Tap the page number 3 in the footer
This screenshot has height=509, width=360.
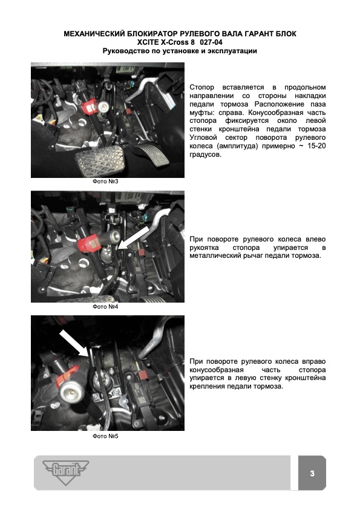click(x=312, y=473)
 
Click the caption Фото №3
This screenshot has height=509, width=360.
click(x=105, y=182)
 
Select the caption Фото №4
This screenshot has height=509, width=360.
click(x=105, y=306)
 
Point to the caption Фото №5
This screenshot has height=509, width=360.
click(x=105, y=436)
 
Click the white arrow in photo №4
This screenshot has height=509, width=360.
click(x=134, y=238)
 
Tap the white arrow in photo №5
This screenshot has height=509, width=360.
click(x=74, y=343)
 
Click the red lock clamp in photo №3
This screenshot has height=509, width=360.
click(x=91, y=106)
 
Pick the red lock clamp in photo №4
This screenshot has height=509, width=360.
click(x=88, y=244)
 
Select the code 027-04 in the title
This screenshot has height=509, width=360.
click(x=211, y=42)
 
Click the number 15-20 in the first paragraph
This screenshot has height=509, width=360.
click(x=316, y=146)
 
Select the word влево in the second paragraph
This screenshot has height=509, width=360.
click(x=316, y=239)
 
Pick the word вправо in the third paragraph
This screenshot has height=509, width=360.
click(x=314, y=361)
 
